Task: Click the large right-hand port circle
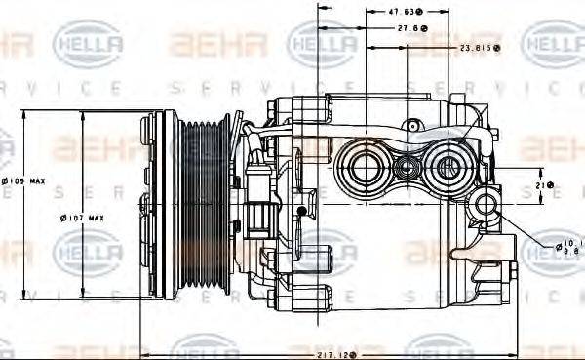[x=450, y=168]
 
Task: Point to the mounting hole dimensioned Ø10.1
[x=487, y=205]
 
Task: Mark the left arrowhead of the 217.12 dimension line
[x=146, y=353]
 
